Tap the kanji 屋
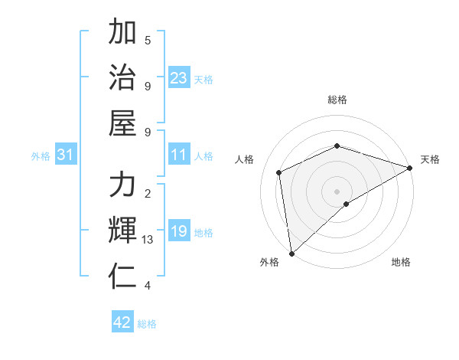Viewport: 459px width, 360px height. coord(122,123)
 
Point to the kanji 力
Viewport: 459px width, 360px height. coord(122,185)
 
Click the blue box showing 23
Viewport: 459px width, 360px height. coord(179,78)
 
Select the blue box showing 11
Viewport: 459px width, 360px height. coord(179,155)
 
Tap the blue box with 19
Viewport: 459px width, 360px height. coord(179,232)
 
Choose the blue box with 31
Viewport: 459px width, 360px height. coord(66,155)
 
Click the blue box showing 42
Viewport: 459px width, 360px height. coord(122,322)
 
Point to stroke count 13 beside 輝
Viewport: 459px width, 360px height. coord(148,240)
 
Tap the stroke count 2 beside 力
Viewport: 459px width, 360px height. coord(148,193)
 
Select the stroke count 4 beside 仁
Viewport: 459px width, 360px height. coord(148,286)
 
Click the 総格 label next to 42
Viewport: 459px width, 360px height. coord(147,324)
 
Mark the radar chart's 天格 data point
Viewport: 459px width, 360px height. coord(409,169)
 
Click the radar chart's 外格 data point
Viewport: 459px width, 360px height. coord(291,254)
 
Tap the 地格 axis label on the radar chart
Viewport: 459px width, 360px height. coord(401,263)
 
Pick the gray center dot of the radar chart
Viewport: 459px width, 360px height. coord(337,191)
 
